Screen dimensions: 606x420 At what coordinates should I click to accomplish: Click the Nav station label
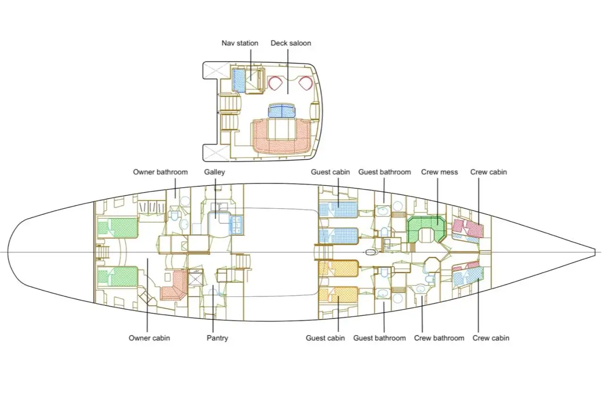240,43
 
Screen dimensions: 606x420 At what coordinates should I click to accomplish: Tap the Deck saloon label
291,43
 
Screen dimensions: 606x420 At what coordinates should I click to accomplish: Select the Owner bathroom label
160,172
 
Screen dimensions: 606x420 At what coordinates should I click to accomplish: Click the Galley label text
214,172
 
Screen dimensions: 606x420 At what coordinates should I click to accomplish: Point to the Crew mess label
439,172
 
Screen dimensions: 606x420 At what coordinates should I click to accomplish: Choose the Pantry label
217,338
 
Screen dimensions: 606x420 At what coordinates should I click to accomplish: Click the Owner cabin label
149,338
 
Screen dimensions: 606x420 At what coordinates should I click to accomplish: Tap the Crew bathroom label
439,338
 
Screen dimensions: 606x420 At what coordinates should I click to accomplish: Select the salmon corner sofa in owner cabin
174,286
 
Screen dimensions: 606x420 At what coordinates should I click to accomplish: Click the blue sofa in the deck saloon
282,110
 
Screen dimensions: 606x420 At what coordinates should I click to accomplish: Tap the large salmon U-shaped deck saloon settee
281,136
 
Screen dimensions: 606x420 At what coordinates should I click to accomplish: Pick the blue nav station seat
239,81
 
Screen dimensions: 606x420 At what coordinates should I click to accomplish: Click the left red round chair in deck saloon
274,83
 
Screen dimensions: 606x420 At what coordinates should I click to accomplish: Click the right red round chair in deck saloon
306,83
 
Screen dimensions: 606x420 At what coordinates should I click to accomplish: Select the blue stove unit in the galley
236,225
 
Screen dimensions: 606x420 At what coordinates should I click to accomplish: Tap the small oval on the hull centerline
371,252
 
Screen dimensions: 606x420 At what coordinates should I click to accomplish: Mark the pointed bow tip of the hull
595,252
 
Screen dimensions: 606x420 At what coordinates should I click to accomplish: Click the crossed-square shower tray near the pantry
195,277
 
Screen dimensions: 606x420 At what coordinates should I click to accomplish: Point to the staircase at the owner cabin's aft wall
103,252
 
